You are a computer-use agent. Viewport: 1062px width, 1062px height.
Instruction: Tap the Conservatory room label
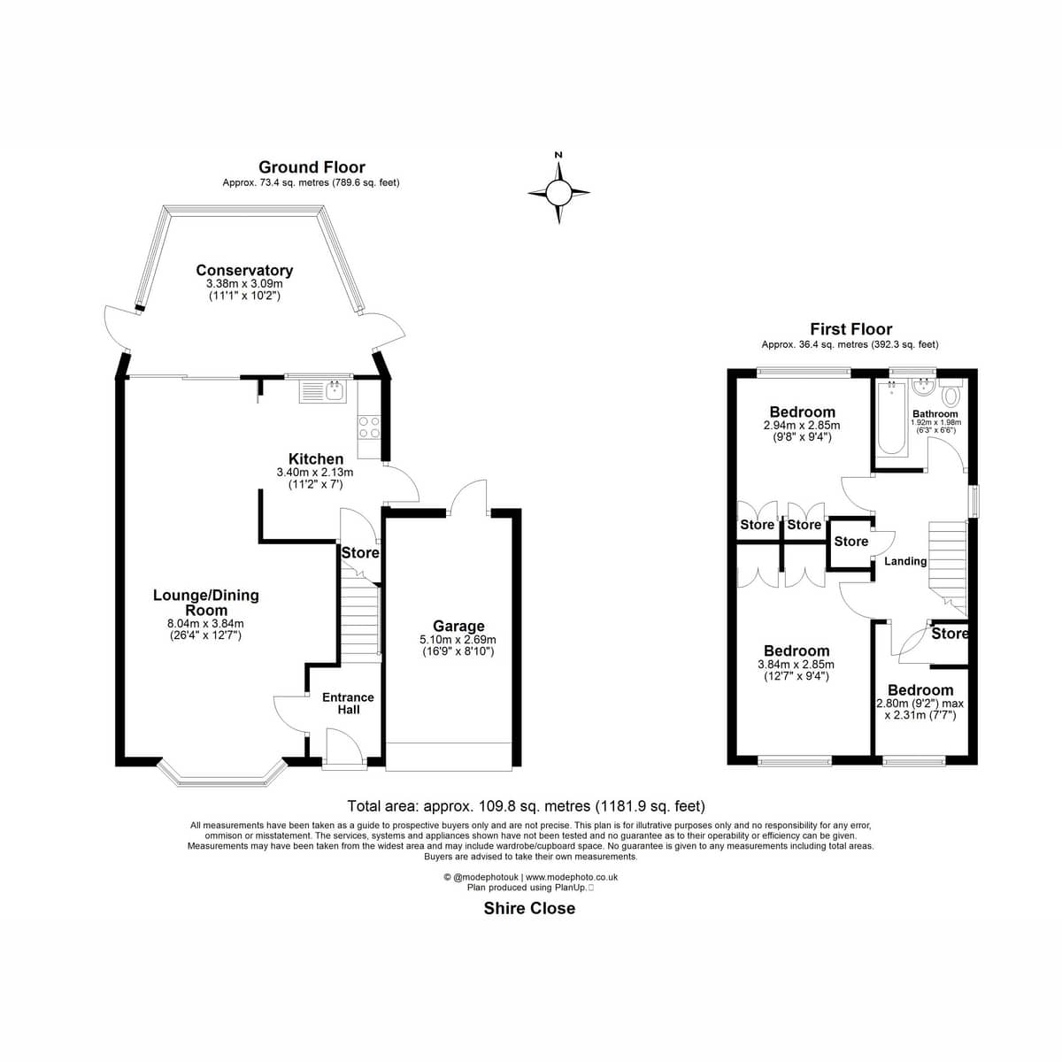pyautogui.click(x=244, y=271)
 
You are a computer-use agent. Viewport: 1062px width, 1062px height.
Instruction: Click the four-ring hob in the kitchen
pyautogui.click(x=369, y=427)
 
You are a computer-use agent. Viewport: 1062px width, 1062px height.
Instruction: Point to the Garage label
pyautogui.click(x=458, y=626)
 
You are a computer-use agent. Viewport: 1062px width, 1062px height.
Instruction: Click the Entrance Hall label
pyautogui.click(x=349, y=704)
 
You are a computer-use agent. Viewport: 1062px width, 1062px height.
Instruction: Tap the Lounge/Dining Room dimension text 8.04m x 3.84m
pyautogui.click(x=205, y=624)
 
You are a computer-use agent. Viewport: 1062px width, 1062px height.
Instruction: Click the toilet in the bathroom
pyautogui.click(x=950, y=393)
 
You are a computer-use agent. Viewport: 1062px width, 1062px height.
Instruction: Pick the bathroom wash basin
pyautogui.click(x=922, y=387)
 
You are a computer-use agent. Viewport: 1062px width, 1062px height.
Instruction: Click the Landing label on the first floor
pyautogui.click(x=905, y=562)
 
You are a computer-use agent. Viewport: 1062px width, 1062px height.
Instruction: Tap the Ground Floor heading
pyautogui.click(x=312, y=167)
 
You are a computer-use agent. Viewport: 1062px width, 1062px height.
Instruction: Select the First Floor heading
pyautogui.click(x=850, y=329)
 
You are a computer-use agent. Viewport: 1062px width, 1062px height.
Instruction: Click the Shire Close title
pyautogui.click(x=529, y=908)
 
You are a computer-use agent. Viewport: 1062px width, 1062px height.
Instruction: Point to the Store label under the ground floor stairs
pyautogui.click(x=360, y=553)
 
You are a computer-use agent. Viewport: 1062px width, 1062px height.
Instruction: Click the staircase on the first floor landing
pyautogui.click(x=948, y=568)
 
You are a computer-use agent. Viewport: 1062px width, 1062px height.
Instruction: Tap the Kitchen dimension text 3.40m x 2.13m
pyautogui.click(x=315, y=473)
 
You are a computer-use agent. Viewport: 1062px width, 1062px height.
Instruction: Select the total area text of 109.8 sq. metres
pyautogui.click(x=527, y=806)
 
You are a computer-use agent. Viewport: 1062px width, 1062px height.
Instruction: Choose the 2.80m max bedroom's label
pyautogui.click(x=920, y=690)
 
